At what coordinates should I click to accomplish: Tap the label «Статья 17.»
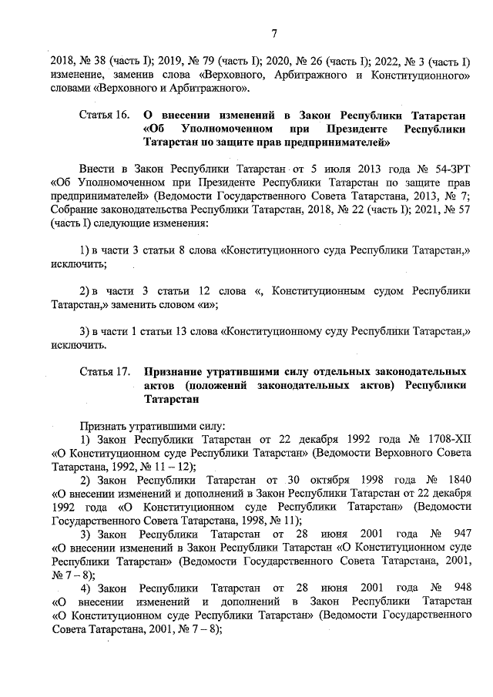coord(104,372)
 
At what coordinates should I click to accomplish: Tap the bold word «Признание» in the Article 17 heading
coord(177,372)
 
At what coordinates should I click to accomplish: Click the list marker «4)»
coord(86,588)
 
